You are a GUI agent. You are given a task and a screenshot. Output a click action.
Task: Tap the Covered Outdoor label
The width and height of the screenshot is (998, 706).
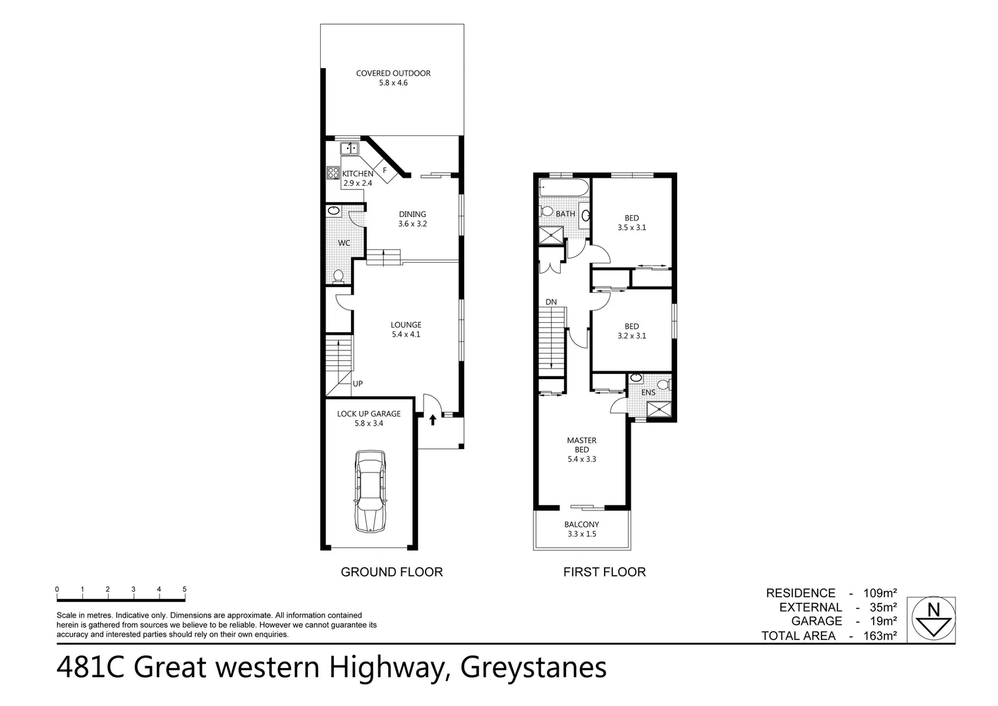click(x=393, y=78)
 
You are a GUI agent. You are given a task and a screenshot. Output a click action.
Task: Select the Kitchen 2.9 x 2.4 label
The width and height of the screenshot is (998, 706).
click(x=358, y=178)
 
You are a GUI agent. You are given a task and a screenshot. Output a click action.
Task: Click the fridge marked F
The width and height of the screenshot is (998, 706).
click(x=384, y=170)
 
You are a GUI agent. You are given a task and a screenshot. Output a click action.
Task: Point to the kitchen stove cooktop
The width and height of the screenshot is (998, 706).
click(x=333, y=173)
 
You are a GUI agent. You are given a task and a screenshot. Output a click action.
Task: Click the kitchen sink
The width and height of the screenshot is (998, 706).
click(x=350, y=148)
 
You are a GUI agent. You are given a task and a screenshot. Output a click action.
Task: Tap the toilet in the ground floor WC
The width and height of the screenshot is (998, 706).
click(x=339, y=277)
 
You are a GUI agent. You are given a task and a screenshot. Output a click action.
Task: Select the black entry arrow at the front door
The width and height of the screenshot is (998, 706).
click(x=433, y=419)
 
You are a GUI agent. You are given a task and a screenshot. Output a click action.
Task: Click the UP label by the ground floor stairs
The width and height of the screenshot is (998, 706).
click(x=358, y=384)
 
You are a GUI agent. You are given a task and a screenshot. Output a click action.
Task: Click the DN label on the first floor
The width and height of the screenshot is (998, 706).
click(x=551, y=302)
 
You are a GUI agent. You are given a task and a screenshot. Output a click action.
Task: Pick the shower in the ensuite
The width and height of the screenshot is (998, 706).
click(x=656, y=410)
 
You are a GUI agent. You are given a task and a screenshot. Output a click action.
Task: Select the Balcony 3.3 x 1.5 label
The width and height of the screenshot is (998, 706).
click(x=582, y=529)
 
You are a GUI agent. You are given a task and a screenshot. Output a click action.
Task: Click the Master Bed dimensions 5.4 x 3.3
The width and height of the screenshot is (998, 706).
click(x=582, y=459)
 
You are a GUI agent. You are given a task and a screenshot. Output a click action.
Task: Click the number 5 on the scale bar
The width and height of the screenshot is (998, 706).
click(x=184, y=589)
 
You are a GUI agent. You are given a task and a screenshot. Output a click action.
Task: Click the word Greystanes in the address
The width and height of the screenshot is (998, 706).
click(x=533, y=668)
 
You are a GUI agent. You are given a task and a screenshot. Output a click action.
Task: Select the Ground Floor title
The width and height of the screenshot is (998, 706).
click(x=391, y=572)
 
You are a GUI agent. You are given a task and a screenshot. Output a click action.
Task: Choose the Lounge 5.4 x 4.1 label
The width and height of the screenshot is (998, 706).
click(x=406, y=329)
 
